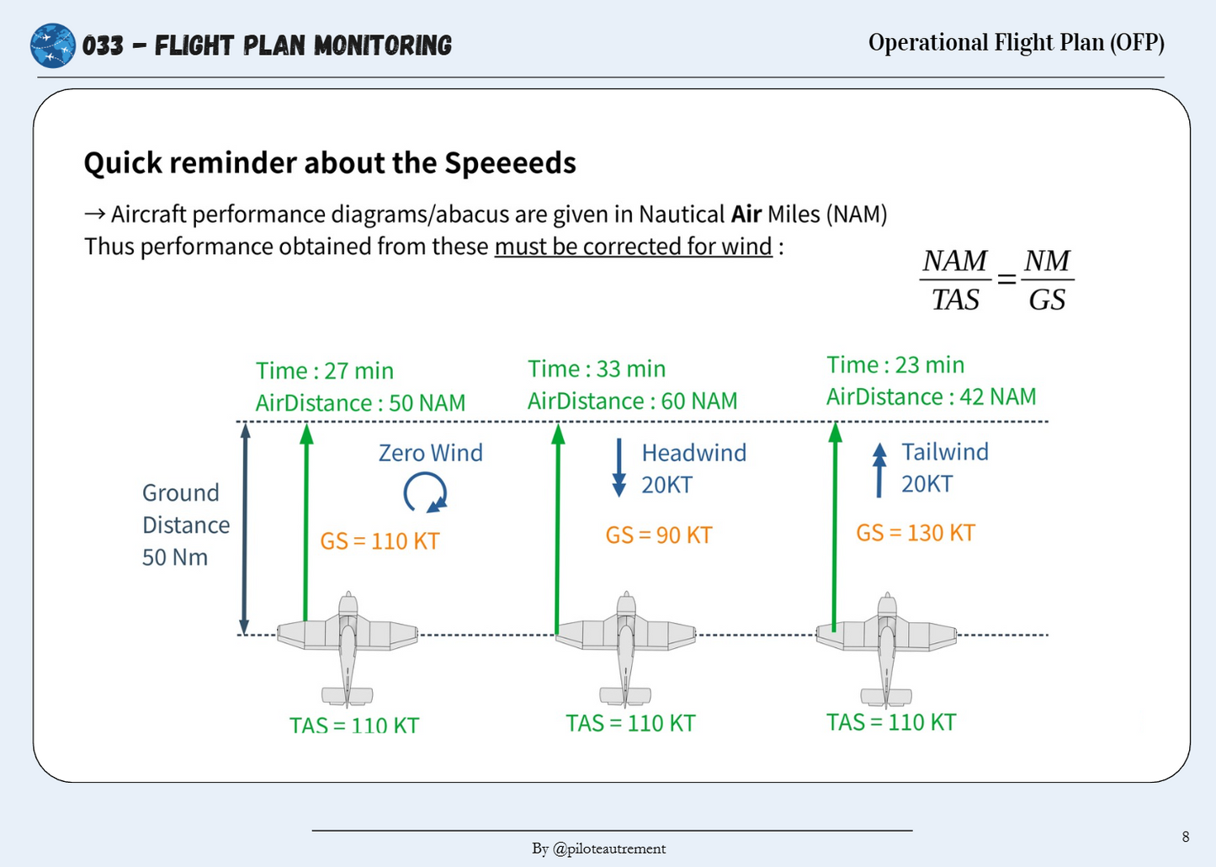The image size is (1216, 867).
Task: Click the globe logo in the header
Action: [x=52, y=45]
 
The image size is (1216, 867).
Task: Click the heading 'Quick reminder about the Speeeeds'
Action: [x=329, y=162]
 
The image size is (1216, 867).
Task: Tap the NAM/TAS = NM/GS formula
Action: [x=996, y=279]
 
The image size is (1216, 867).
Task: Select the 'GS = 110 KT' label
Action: [x=380, y=541]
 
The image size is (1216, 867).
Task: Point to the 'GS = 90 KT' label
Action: [x=658, y=535]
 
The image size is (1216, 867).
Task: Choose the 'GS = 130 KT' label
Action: [x=915, y=533]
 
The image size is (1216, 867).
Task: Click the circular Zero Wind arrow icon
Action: [x=425, y=492]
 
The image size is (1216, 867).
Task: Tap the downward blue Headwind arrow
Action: [x=619, y=467]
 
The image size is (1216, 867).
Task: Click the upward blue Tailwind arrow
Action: [x=879, y=469]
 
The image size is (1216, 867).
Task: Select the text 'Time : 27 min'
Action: [x=324, y=371]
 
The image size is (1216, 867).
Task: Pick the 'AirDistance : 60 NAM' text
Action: [x=632, y=402]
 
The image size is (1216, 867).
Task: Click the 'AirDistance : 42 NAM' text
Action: [x=931, y=396]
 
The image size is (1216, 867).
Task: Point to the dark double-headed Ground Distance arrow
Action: [x=245, y=528]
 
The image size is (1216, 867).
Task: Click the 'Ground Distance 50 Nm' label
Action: [x=185, y=524]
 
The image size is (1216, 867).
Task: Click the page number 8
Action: [x=1185, y=836]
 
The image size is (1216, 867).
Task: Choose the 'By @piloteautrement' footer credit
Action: [x=598, y=848]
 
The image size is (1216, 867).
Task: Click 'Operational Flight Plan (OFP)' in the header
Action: [x=1016, y=43]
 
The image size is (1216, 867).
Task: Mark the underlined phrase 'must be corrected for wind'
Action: [x=633, y=247]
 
